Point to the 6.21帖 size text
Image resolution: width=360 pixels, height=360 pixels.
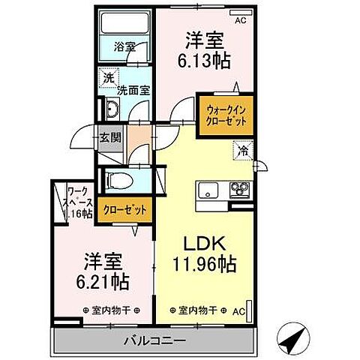[x=103, y=282]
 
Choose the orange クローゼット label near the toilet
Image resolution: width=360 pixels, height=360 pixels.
[x=124, y=209]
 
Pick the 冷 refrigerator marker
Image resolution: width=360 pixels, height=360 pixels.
[x=243, y=151]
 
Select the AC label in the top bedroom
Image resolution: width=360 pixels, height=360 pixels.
[x=240, y=20]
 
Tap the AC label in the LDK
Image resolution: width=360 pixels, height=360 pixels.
[x=239, y=309]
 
